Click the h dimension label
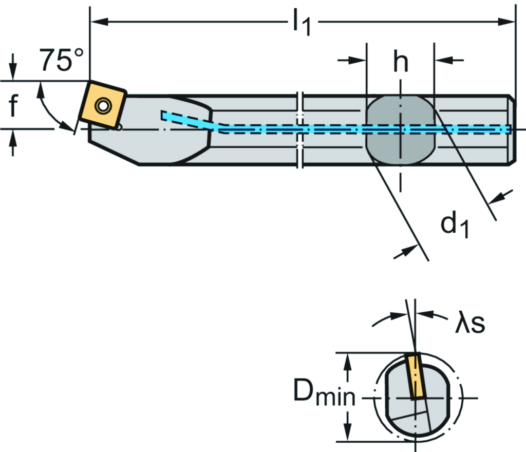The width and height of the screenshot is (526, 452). click(x=401, y=62)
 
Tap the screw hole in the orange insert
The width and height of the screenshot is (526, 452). click(x=104, y=106)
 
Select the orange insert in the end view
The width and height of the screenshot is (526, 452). click(x=416, y=376)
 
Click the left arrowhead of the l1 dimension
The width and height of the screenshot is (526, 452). click(x=98, y=22)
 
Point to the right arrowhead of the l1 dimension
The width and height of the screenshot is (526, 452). click(x=509, y=22)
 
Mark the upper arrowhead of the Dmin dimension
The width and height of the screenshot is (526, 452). click(x=349, y=360)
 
